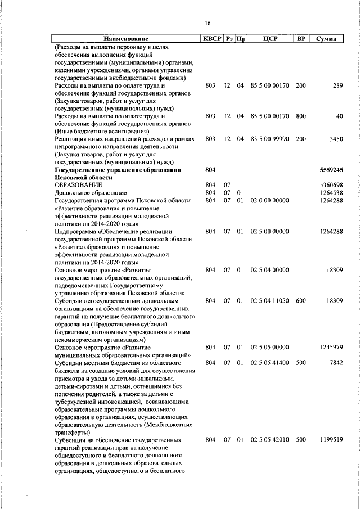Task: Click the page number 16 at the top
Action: pyautogui.click(x=208, y=23)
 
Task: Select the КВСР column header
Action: pyautogui.click(x=211, y=39)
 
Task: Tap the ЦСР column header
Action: pyautogui.click(x=269, y=39)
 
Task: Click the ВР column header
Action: pyautogui.click(x=301, y=39)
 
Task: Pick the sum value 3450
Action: pyautogui.click(x=335, y=138)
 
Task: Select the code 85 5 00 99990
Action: pyautogui.click(x=269, y=138)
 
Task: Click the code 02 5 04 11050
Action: pyautogui.click(x=269, y=301)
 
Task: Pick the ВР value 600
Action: pyautogui.click(x=301, y=301)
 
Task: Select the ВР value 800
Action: pyautogui.click(x=301, y=116)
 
